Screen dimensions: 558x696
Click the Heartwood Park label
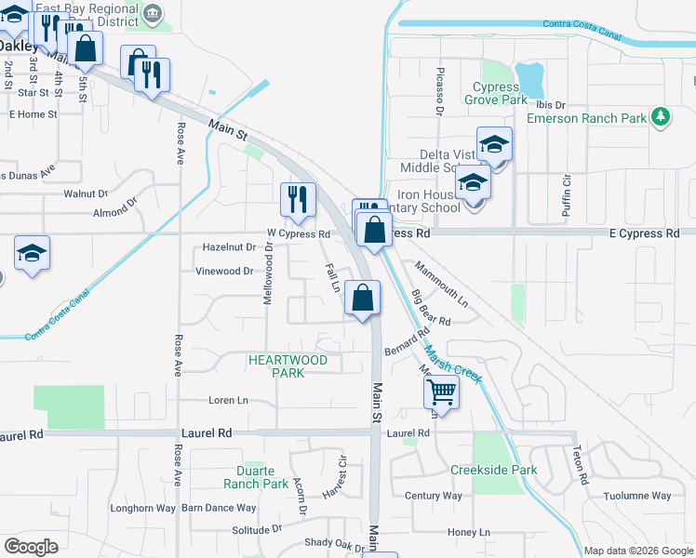[288, 365]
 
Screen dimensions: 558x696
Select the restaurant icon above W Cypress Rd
[298, 200]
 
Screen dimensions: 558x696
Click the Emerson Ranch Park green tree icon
[661, 116]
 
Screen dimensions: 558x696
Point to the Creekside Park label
[493, 470]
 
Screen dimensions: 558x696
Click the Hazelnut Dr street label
[229, 247]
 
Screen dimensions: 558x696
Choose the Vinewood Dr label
[223, 272]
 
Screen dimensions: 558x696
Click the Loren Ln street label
[228, 401]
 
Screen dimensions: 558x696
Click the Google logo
[32, 547]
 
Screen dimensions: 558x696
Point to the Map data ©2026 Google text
[638, 551]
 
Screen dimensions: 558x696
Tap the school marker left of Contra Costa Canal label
[32, 255]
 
